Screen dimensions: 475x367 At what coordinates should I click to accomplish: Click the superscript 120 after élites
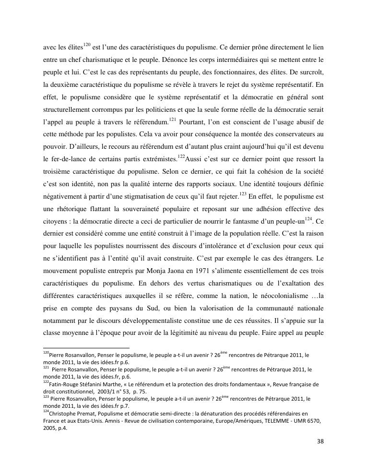point(87,45)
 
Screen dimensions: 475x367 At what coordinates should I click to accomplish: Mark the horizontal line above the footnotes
point(86,348)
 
